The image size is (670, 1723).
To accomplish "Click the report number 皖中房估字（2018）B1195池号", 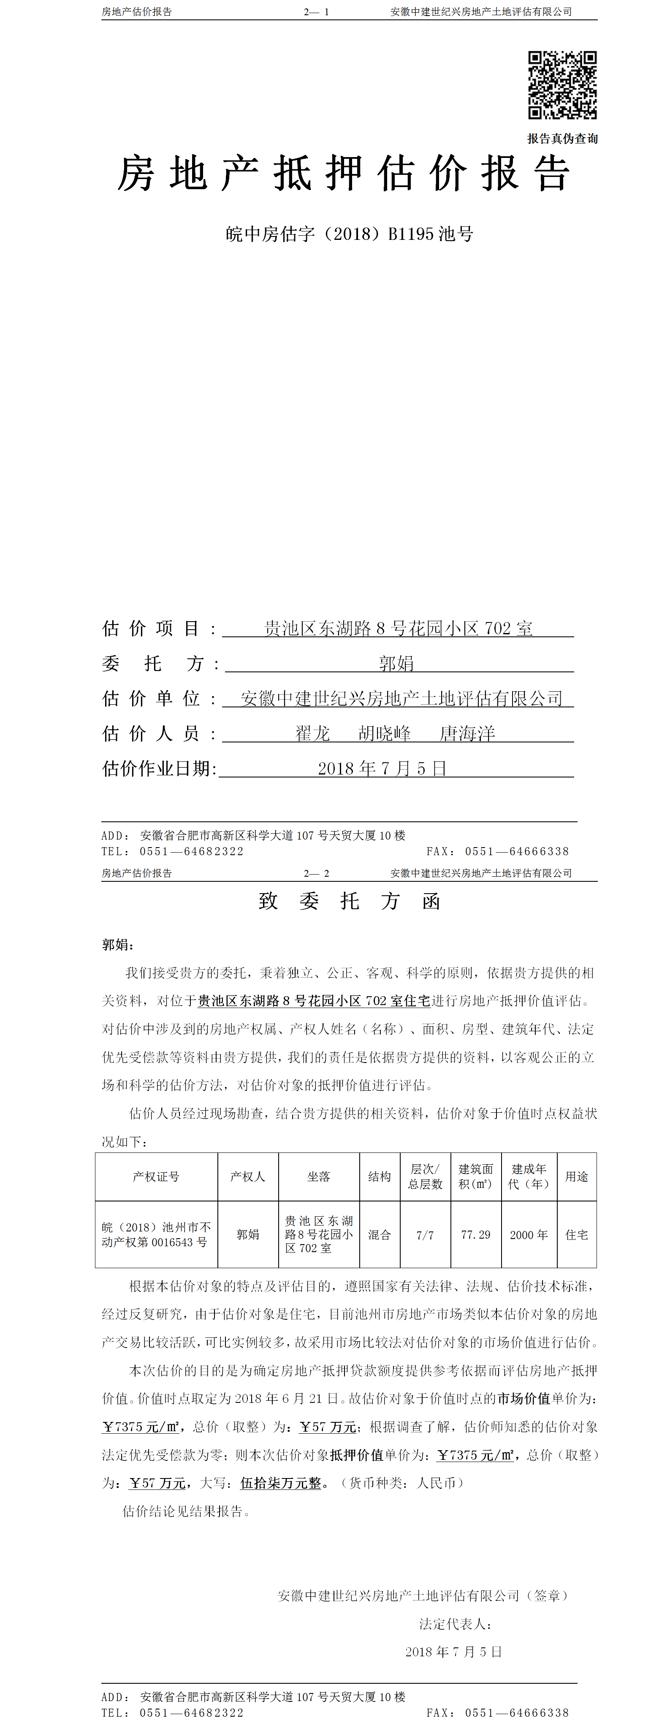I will [349, 234].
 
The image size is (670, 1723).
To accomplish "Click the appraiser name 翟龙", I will [313, 734].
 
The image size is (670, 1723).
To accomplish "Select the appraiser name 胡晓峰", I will [385, 734].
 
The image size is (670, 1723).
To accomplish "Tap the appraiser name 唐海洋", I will [467, 734].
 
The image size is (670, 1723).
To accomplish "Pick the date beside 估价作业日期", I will [382, 769].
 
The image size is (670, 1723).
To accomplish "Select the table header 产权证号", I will [156, 1177].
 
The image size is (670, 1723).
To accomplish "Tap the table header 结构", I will [379, 1177].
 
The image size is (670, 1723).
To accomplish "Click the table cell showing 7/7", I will [425, 1235].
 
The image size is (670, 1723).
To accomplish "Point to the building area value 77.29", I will [475, 1235].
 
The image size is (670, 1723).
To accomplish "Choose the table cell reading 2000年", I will [528, 1235].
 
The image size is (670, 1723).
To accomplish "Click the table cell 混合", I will [379, 1235].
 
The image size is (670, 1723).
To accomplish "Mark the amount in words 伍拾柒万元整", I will [281, 1483].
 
